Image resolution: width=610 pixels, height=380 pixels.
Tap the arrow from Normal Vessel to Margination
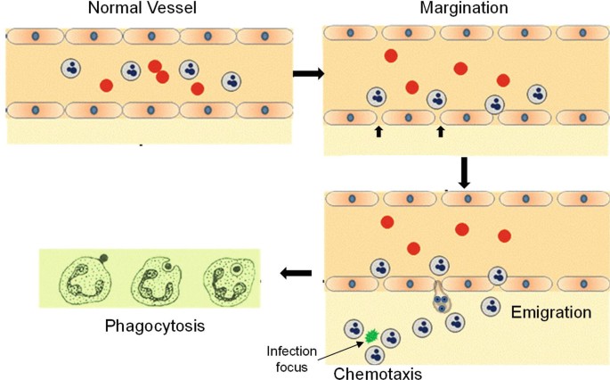pos(306,72)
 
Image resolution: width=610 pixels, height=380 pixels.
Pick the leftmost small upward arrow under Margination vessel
pos(378,132)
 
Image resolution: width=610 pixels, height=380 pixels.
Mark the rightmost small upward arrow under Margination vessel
pos(440,132)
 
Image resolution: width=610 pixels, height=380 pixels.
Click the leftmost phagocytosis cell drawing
pos(83,278)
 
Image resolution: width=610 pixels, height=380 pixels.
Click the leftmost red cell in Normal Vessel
pos(106,86)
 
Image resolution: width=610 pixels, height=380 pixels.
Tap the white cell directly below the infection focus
pos(375,355)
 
